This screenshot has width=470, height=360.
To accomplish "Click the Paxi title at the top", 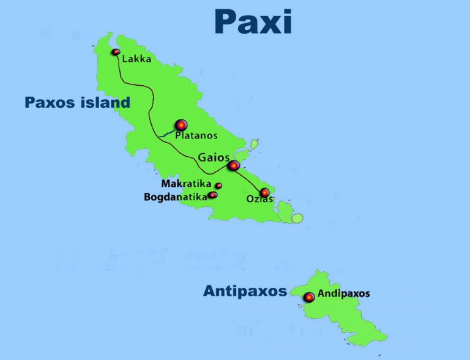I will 252,21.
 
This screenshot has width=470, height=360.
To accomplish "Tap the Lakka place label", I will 136,59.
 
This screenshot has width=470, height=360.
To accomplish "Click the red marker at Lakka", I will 115,52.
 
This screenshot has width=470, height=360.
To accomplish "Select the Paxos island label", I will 77,102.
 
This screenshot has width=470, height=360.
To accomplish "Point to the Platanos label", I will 196,135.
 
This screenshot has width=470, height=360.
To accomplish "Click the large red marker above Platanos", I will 181,125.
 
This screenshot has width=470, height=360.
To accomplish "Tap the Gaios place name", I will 214,157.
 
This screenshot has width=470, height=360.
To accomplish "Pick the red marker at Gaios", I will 233,165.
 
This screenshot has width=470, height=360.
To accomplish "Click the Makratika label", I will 186,184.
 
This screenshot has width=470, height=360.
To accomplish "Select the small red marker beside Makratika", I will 218,186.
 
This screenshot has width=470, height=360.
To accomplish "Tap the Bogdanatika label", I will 175,197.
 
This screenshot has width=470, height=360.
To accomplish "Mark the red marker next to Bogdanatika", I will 213,195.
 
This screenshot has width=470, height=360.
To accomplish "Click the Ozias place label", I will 259,200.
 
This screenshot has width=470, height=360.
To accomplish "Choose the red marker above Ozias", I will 264,192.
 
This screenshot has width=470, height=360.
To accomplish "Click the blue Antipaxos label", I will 245,291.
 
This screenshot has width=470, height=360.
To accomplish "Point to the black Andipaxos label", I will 343,293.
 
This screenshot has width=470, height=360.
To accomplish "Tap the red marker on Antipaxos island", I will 309,297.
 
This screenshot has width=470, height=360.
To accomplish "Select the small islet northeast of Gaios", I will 255,144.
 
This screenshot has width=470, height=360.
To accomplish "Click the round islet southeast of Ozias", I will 297,218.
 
